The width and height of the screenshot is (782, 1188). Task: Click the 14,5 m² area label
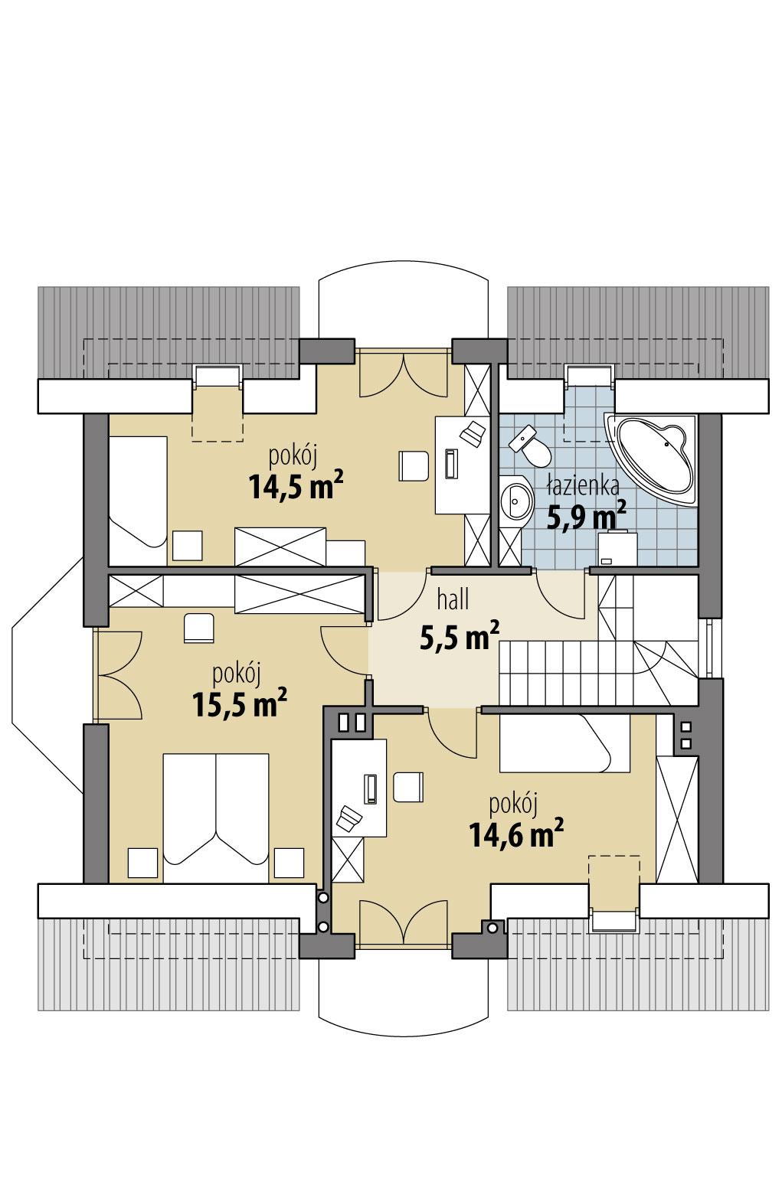(x=295, y=485)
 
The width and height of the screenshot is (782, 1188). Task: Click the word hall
(x=453, y=600)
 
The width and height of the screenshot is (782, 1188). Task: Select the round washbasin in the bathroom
(x=515, y=502)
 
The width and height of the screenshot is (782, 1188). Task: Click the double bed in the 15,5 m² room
(x=217, y=815)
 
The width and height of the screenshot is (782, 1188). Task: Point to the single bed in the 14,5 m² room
(x=137, y=491)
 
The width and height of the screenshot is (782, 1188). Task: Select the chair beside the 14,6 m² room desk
(x=408, y=786)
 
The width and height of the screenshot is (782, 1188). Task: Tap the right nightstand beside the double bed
(x=289, y=863)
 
